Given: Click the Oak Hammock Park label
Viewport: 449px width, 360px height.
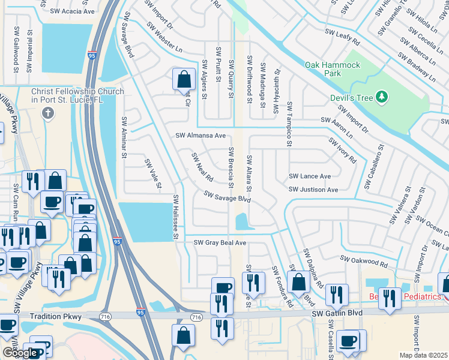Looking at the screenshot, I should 332,69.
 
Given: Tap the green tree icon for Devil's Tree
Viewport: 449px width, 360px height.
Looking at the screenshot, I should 381,97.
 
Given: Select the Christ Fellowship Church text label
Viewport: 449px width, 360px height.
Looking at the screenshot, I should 77,96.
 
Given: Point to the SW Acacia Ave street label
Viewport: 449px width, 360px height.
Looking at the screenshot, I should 73,11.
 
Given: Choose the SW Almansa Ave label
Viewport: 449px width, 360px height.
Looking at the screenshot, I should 200,136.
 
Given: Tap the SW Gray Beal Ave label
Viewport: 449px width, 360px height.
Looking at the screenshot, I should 220,242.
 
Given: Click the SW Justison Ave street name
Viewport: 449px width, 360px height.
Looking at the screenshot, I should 313,190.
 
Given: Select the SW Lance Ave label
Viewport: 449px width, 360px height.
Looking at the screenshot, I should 310,176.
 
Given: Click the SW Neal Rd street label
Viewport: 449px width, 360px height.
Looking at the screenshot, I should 202,167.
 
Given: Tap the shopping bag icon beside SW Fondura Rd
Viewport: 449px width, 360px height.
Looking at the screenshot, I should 298,281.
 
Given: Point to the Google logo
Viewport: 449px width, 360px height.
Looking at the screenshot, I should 20,353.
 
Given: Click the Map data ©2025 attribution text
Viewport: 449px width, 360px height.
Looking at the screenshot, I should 424,355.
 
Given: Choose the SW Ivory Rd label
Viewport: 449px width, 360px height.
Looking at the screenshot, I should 342,150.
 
